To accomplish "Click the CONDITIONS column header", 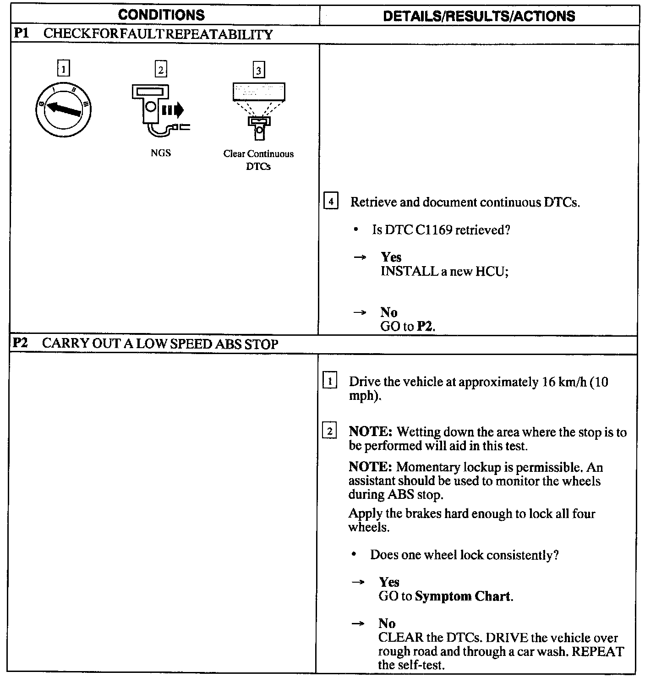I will [161, 15].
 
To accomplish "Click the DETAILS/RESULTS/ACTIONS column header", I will [479, 16].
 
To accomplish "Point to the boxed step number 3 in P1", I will [259, 71].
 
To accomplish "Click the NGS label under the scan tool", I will [161, 153].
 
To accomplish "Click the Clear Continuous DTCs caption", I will [259, 160].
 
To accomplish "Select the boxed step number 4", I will [331, 202].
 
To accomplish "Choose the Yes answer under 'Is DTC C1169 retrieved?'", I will [391, 257].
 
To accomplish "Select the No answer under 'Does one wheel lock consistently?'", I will [387, 623].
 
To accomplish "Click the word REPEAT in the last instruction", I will [601, 651].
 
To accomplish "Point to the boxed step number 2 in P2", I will [330, 431].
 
